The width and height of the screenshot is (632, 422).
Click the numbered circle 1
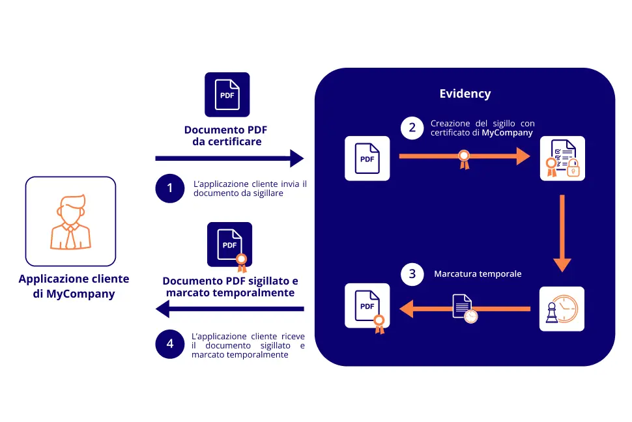coord(171,188)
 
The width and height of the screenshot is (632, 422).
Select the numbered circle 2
coord(412,128)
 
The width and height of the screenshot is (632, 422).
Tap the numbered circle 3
coord(412,274)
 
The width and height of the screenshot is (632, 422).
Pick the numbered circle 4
coord(171,343)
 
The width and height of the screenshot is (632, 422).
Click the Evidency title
coord(465,94)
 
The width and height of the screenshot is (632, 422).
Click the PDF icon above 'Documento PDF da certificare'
coord(227,94)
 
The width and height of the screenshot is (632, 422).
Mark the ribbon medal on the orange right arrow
coord(464,158)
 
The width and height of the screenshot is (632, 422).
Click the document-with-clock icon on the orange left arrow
coord(465,307)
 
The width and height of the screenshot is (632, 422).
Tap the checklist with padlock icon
coord(562,158)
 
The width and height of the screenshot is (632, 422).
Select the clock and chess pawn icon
coord(562,309)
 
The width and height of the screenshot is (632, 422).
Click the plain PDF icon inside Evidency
coord(367,158)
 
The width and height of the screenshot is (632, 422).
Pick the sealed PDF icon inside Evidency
coord(368,307)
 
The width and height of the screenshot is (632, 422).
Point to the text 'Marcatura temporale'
coord(478,274)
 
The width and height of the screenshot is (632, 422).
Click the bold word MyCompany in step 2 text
coord(508,133)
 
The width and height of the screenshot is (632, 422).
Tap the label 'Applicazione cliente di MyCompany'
coord(74,287)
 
